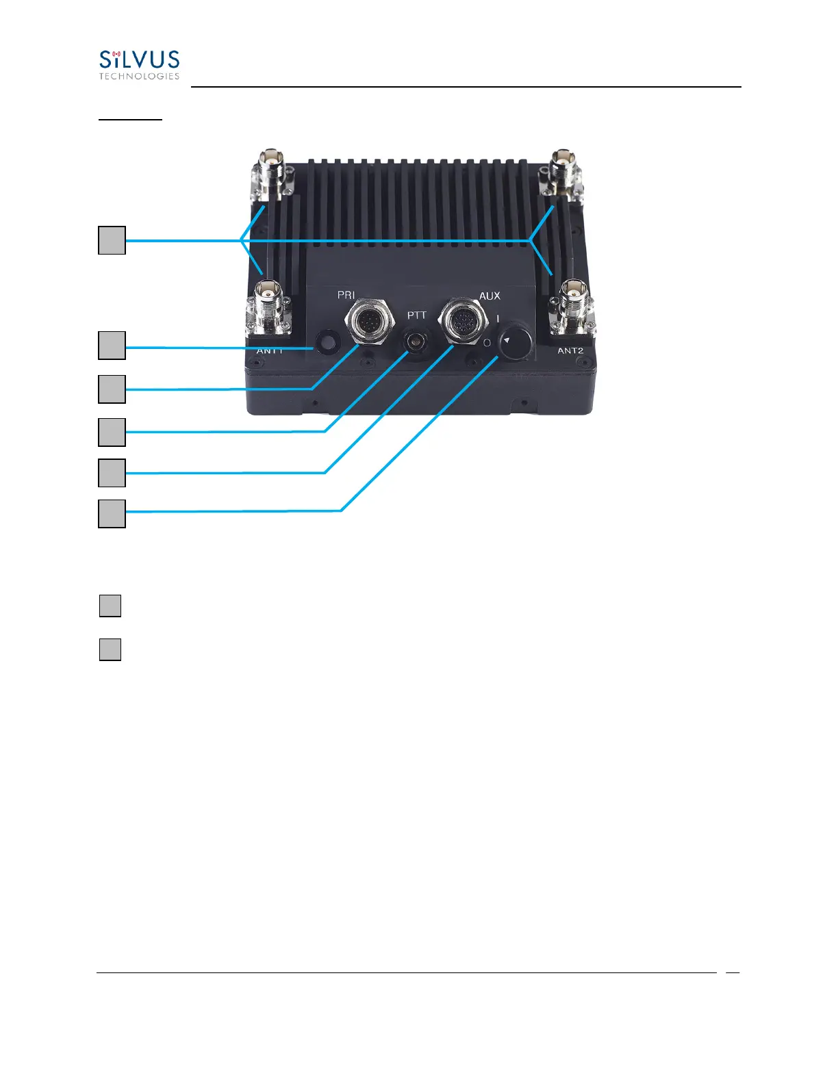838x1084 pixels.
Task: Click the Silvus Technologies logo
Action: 139,65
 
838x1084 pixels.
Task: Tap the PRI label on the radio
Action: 346,295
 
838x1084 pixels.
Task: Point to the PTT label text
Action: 417,315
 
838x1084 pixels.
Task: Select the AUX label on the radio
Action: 490,296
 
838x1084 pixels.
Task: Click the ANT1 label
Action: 270,350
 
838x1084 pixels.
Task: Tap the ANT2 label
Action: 570,350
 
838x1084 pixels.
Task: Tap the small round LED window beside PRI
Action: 327,341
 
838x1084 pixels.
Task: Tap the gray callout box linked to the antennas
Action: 112,240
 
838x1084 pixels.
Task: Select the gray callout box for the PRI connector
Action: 112,389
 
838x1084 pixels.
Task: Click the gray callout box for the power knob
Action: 112,513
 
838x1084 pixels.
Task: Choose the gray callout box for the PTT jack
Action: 112,432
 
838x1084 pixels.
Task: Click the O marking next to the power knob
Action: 487,342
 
